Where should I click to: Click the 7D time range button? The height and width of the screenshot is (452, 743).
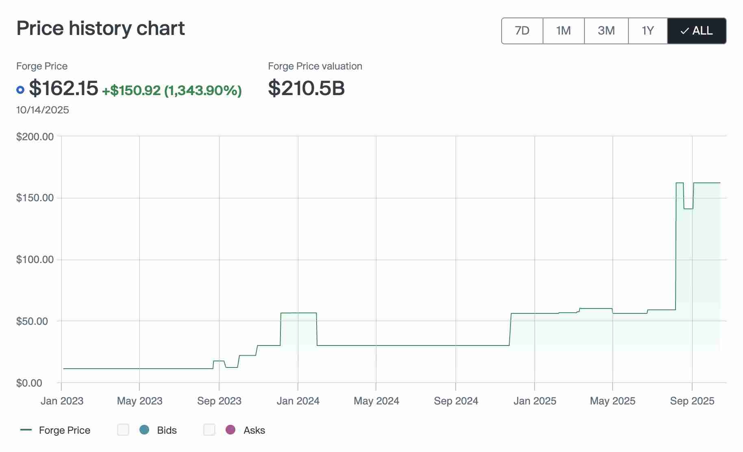522,31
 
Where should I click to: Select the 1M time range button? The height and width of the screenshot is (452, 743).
563,31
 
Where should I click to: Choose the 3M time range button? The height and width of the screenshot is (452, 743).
606,31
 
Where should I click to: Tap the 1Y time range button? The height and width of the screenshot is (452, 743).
647,31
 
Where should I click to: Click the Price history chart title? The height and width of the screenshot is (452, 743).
100,28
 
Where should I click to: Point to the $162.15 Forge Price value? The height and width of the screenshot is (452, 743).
64,88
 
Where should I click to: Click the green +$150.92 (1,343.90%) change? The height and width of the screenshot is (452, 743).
172,90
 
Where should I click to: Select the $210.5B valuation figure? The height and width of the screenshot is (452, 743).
306,88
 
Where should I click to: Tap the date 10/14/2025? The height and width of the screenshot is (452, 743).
43,110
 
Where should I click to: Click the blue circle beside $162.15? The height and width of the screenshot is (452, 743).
20,90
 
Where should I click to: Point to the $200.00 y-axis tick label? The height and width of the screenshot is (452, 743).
35,137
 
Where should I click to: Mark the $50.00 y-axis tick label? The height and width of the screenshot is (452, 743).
32,321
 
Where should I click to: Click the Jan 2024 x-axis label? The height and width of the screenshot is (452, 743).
298,401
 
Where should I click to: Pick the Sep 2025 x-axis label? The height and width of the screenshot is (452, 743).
692,401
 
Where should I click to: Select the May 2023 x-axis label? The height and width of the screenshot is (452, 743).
139,401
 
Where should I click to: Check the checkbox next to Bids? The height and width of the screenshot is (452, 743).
123,430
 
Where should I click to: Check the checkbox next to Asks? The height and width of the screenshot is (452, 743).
209,430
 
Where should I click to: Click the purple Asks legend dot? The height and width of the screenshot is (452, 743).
230,430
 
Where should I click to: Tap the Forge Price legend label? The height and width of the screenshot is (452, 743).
65,430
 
